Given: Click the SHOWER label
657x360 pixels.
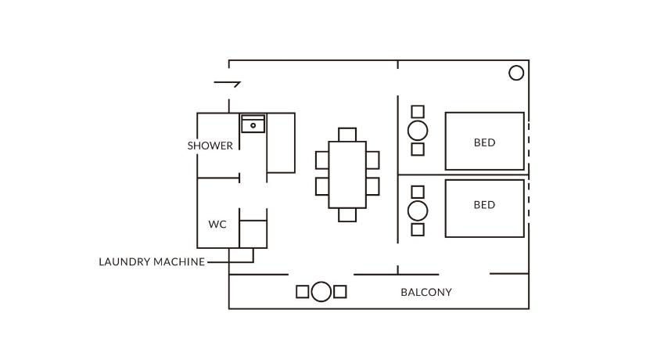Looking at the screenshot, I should click(x=210, y=146).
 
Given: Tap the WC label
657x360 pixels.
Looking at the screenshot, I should click(x=217, y=225).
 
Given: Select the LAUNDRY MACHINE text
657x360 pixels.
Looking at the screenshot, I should click(x=152, y=261).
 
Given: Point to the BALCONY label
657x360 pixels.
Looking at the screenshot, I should click(x=426, y=293).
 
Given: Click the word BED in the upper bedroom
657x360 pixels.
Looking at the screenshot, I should click(x=484, y=142).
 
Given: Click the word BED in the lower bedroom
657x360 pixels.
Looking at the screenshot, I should click(x=484, y=205).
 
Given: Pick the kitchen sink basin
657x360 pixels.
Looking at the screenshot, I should click(x=253, y=124).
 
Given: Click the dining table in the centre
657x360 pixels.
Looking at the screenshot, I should click(x=347, y=175).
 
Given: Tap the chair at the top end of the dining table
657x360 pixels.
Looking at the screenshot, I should click(x=347, y=134).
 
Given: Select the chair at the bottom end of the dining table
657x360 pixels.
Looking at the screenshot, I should click(x=347, y=214).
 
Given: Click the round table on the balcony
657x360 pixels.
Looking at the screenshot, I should click(x=321, y=292).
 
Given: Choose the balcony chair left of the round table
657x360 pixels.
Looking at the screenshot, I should click(x=303, y=292).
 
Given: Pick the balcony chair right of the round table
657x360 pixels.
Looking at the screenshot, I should click(x=340, y=292).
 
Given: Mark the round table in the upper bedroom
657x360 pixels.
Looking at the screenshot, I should click(x=418, y=131).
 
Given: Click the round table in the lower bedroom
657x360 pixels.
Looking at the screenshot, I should click(x=418, y=211).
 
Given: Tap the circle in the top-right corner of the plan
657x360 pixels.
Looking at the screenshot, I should click(x=516, y=73).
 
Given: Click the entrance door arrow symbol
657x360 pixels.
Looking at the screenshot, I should click(x=227, y=84).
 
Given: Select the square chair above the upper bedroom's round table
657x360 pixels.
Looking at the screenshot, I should click(x=418, y=112).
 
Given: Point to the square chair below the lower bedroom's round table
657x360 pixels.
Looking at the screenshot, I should click(x=418, y=229).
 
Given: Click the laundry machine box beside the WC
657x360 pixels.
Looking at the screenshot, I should click(x=252, y=234).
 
